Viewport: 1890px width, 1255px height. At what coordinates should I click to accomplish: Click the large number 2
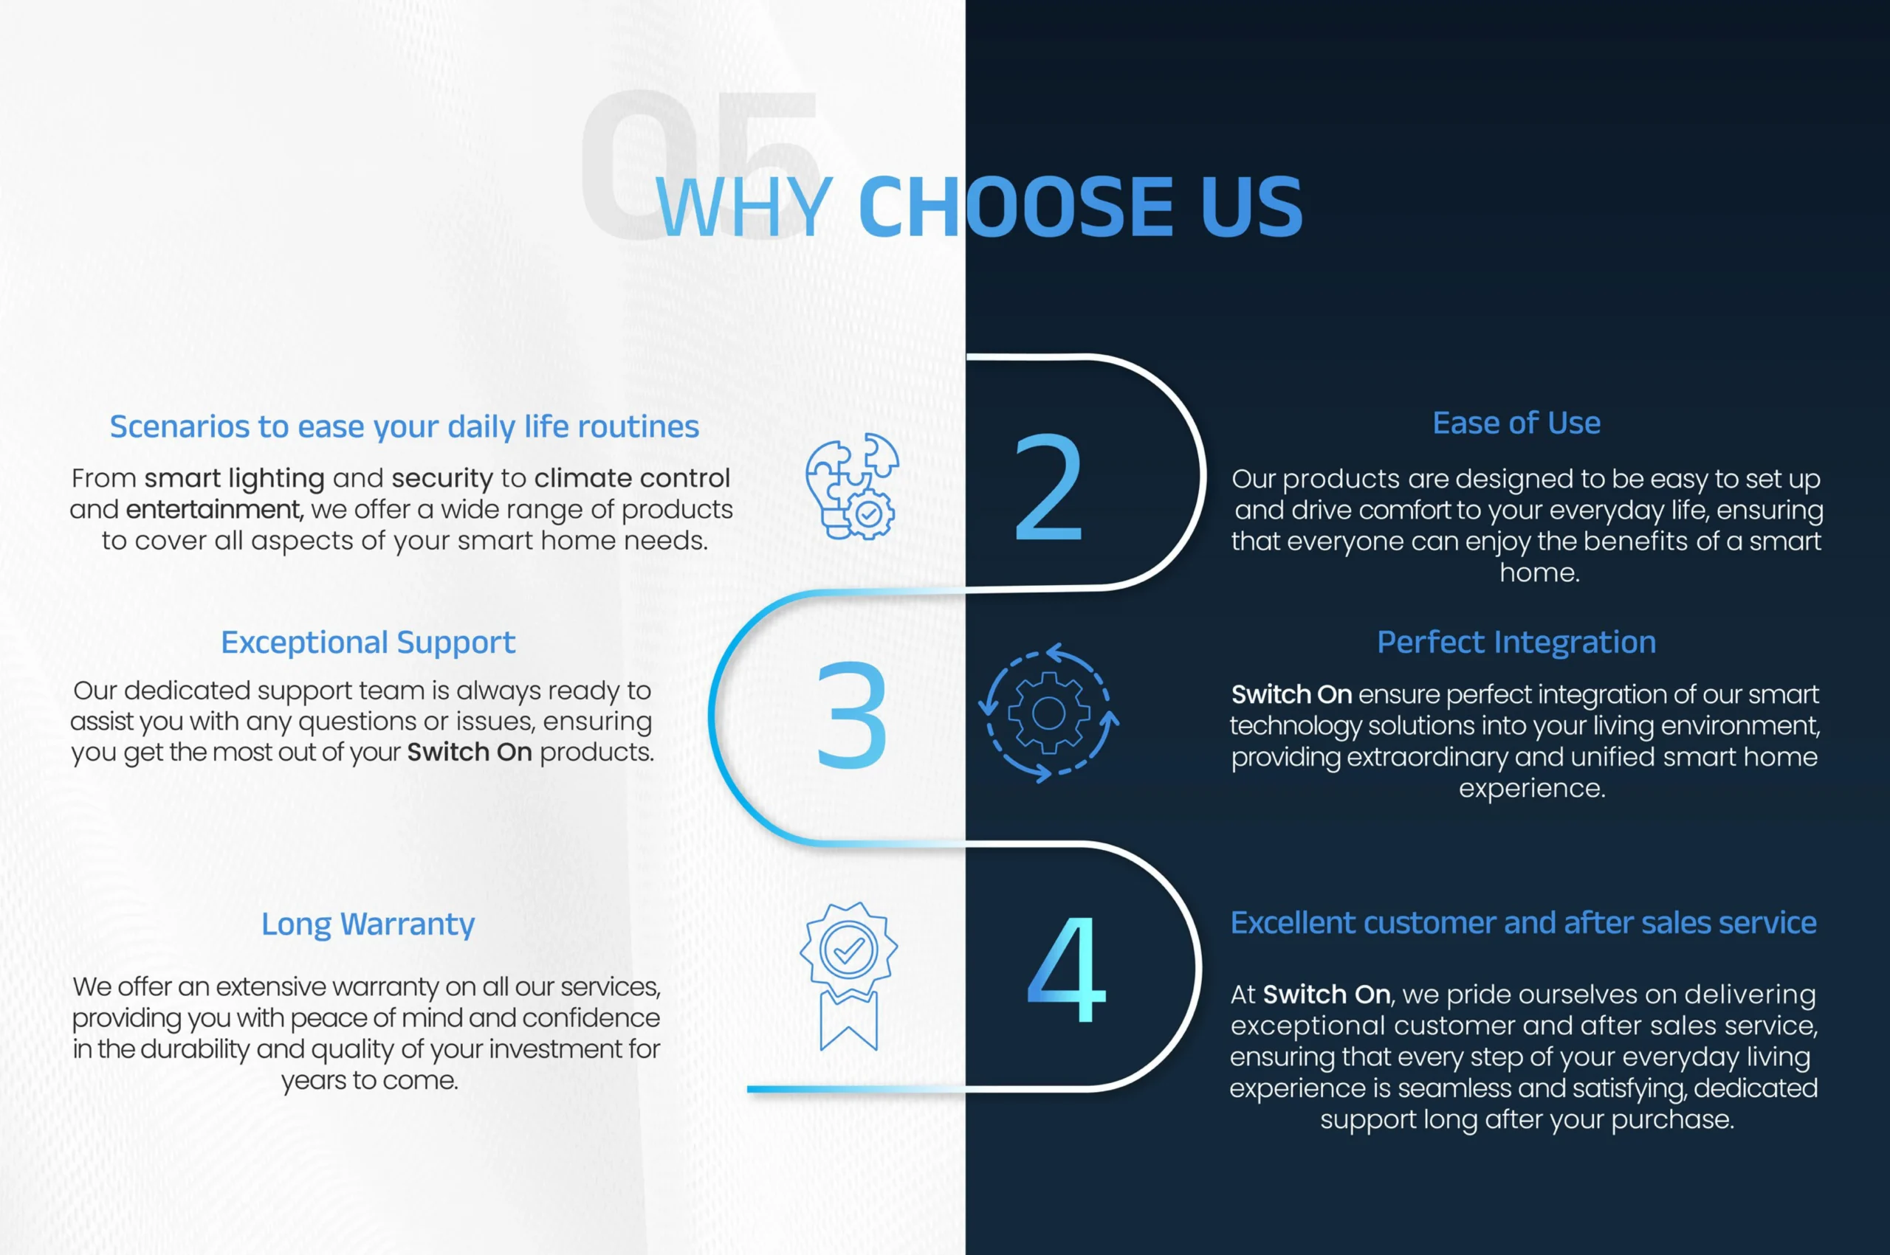1048,488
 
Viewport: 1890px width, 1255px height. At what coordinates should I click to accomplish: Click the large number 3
851,715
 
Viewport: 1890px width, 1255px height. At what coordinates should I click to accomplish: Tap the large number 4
1067,969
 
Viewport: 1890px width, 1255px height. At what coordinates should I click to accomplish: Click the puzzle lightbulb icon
852,485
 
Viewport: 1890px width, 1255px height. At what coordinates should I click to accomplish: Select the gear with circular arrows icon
1048,712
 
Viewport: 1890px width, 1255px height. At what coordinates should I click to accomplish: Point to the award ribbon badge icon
849,975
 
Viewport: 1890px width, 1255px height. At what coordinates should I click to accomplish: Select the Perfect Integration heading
1516,642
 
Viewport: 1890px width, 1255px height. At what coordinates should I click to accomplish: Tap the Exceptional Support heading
368,643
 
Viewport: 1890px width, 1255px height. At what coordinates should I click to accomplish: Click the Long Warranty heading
368,924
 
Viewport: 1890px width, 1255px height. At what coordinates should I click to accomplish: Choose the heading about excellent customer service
1523,923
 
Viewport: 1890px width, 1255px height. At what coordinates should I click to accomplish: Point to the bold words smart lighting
235,479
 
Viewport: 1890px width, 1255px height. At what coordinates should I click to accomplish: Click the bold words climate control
632,478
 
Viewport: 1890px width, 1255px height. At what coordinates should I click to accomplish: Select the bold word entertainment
214,509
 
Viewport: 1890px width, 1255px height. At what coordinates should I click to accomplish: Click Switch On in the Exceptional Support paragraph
470,753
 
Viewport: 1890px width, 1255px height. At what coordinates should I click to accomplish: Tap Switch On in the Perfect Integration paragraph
1291,694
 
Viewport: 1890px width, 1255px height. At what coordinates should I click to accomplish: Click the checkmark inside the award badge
849,950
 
